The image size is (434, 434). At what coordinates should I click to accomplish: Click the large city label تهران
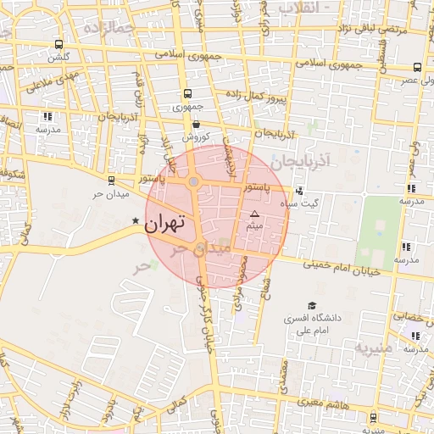coord(164,224)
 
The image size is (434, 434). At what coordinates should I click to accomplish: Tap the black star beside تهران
coord(135,221)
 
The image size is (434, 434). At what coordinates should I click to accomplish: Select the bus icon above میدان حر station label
coord(111,181)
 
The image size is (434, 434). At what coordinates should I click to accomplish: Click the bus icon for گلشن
coord(58,44)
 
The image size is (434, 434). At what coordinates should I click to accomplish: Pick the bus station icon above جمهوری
coord(186,94)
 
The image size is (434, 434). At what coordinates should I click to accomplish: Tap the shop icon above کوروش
coord(195,124)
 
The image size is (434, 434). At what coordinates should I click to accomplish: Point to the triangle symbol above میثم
coord(253,215)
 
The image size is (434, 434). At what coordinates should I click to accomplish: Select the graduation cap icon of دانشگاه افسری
coord(312,305)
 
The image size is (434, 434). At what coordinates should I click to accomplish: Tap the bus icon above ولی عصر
coord(417,67)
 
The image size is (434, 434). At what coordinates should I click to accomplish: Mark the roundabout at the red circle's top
coord(194,181)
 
